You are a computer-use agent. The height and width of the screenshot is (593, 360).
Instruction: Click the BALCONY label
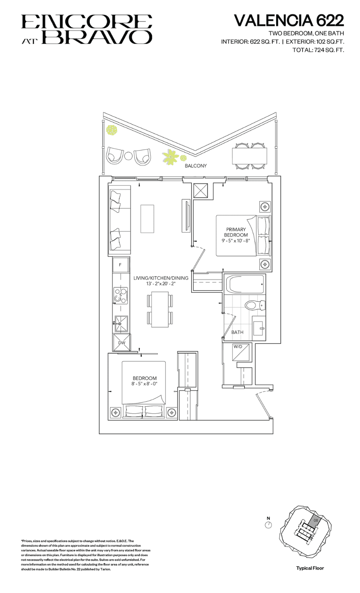click(x=195, y=166)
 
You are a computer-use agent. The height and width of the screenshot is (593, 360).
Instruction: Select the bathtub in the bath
click(x=244, y=284)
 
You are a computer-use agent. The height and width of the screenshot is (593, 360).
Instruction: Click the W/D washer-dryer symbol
click(x=241, y=352)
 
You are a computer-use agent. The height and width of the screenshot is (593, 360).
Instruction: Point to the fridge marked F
click(x=120, y=265)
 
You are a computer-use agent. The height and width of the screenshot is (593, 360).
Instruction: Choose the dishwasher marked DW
click(x=122, y=342)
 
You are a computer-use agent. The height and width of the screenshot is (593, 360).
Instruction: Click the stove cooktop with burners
click(x=121, y=295)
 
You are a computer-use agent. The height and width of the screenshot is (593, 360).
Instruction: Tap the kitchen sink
click(x=121, y=324)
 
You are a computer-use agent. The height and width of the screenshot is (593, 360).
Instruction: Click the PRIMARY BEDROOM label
click(x=236, y=232)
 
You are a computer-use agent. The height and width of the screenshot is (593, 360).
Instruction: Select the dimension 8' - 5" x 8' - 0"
click(x=144, y=384)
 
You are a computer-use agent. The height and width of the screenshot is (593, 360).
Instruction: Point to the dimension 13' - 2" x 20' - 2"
click(x=161, y=284)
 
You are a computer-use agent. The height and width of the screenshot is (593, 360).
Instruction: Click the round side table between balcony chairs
click(x=129, y=156)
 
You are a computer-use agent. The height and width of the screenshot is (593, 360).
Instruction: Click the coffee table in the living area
click(x=147, y=218)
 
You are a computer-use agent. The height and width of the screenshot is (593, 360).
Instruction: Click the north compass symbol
click(x=268, y=525)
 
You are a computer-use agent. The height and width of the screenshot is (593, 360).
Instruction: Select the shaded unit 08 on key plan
click(x=315, y=521)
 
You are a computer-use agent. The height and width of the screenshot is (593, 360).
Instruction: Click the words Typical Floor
click(x=310, y=568)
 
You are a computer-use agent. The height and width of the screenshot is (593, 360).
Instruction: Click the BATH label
click(x=237, y=332)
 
